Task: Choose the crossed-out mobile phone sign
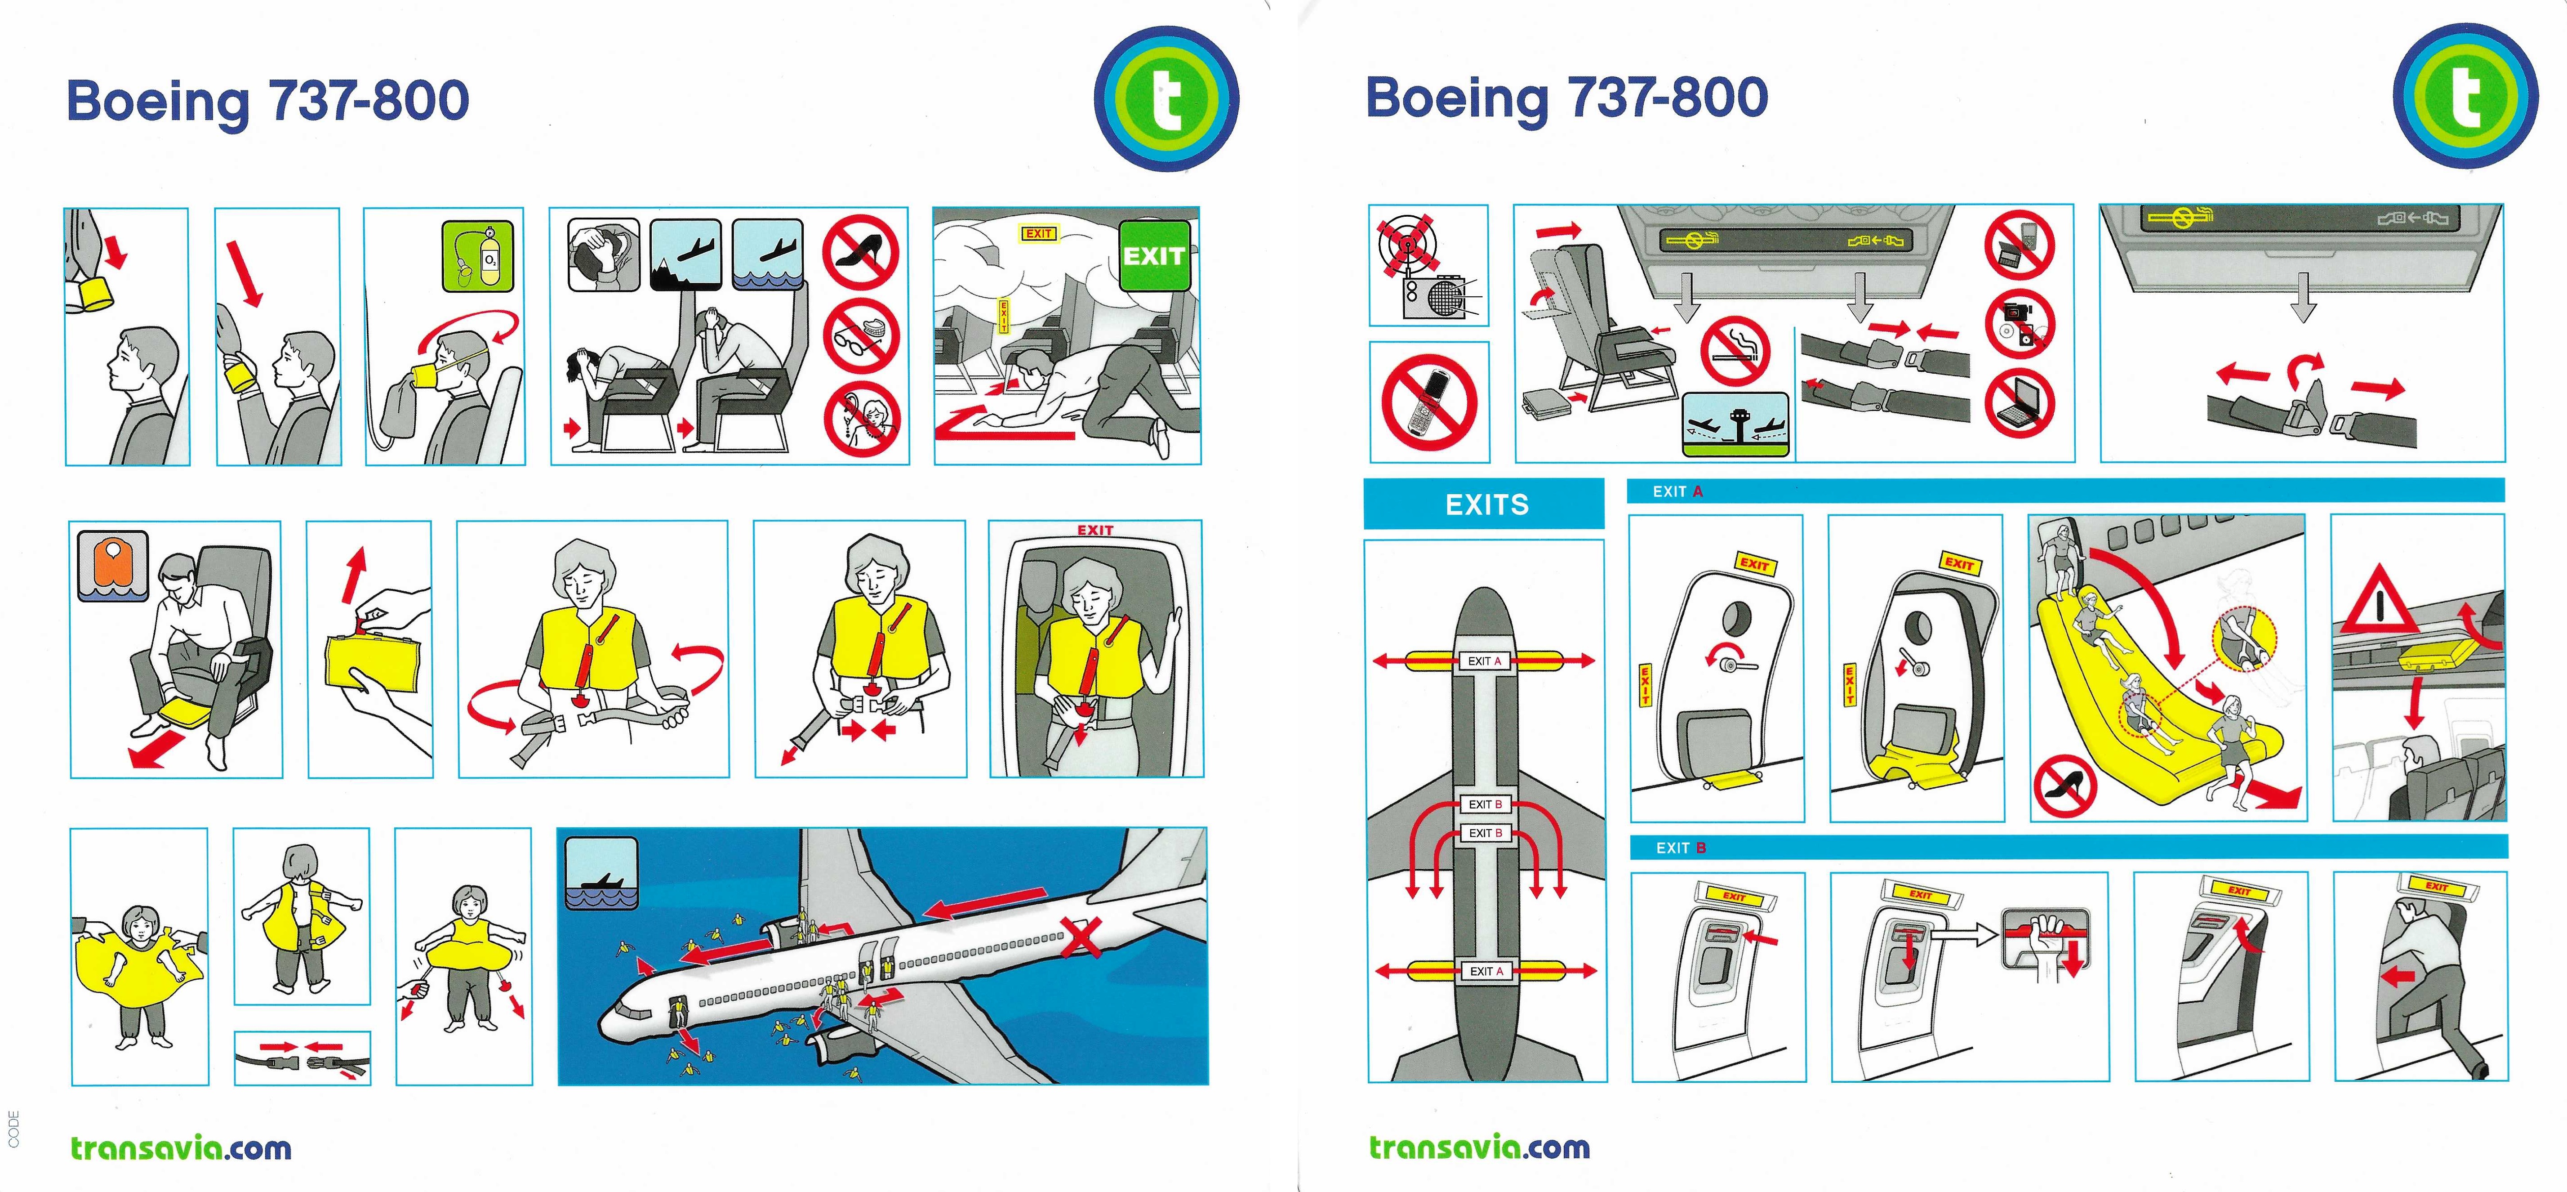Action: (1429, 402)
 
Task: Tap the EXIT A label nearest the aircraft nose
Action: (1484, 661)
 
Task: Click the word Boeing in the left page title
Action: (157, 102)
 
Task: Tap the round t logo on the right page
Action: (2465, 97)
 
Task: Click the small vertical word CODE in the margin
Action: (13, 1128)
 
